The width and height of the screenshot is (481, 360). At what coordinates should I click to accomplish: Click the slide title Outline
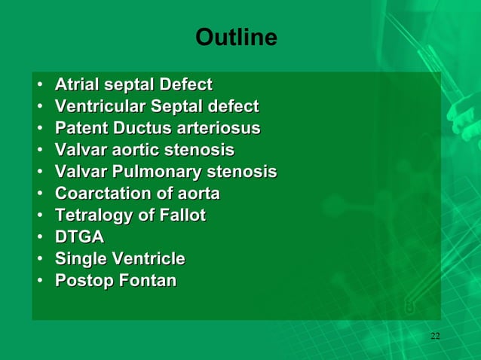point(236,37)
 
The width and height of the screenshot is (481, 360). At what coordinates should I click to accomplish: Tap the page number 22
point(435,335)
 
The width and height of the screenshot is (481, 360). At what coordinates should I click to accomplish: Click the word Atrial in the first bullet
point(78,84)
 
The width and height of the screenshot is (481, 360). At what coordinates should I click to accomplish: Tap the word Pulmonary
point(157,172)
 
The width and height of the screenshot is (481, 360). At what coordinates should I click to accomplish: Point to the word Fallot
point(181,215)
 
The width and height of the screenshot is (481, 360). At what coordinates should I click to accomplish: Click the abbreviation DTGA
point(79,237)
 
